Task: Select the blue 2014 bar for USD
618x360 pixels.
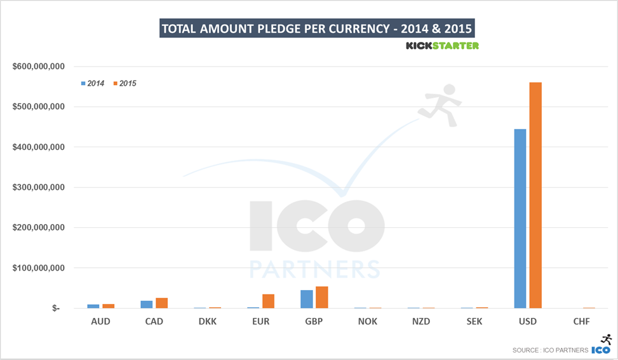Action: click(520, 218)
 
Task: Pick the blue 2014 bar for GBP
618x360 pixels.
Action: click(307, 299)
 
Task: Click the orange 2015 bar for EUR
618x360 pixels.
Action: click(268, 301)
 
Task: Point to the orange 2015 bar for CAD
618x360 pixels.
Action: click(161, 303)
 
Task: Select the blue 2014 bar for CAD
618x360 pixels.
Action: click(147, 304)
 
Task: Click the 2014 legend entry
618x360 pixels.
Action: click(93, 83)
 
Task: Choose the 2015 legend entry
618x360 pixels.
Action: click(124, 83)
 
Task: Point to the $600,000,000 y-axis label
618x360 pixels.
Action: click(41, 67)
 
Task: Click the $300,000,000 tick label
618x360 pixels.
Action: click(41, 187)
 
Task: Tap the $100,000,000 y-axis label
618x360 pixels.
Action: click(41, 268)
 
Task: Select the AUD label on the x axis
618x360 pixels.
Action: click(100, 321)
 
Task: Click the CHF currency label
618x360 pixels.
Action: click(581, 321)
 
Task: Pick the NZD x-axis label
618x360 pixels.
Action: click(420, 321)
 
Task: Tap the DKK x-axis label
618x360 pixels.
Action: click(207, 321)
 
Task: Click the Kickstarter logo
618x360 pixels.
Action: click(442, 46)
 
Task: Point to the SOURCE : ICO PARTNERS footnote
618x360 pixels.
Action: click(550, 350)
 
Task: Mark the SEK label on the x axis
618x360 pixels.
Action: click(474, 321)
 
